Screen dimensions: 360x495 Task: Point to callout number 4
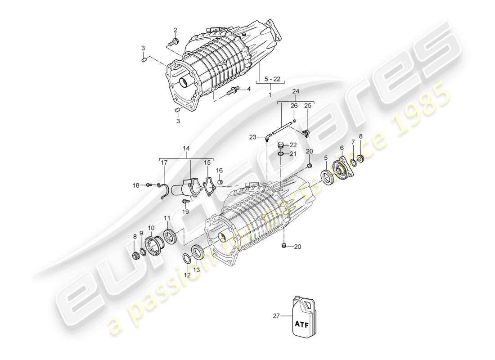click(x=248, y=89)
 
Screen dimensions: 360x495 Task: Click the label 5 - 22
click(x=273, y=79)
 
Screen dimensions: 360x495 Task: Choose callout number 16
click(x=220, y=171)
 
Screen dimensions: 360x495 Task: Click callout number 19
click(x=185, y=211)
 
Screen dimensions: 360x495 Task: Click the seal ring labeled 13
click(x=197, y=251)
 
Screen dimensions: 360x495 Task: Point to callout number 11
click(x=167, y=218)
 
